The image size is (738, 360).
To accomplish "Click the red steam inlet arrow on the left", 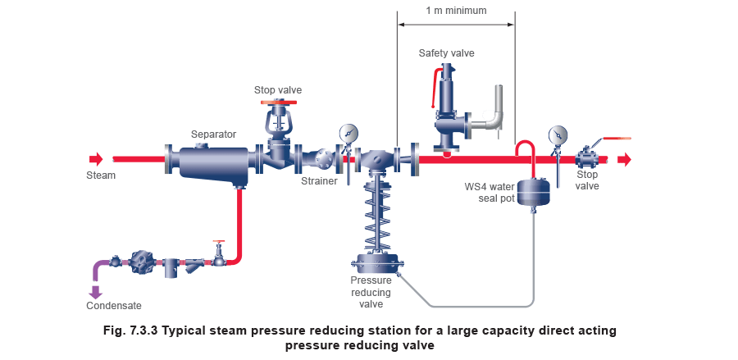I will pos(96,159).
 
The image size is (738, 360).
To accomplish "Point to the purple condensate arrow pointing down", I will pos(95,289).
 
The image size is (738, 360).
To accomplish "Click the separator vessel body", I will pos(212,162).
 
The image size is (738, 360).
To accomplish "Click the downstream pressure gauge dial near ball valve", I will pos(558,134).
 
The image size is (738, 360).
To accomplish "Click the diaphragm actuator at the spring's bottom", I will pos(376,263).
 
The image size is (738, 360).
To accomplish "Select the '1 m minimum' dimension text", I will pos(456,11).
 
